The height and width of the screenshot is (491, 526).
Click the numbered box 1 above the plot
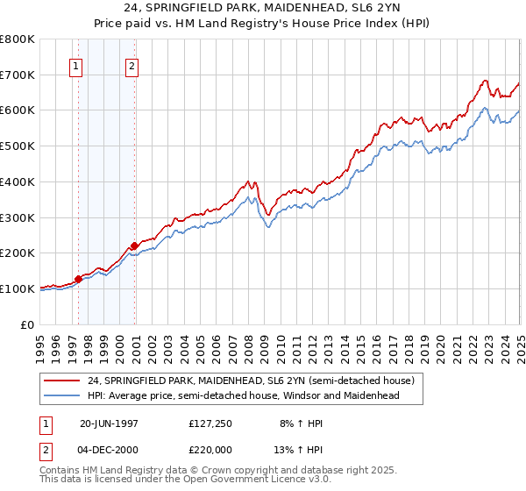(x=76, y=66)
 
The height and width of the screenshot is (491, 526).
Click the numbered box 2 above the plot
(x=131, y=66)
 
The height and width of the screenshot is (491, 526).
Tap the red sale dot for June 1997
(x=78, y=279)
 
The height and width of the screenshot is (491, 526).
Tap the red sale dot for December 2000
(x=134, y=245)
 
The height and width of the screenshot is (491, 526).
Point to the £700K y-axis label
(x=18, y=75)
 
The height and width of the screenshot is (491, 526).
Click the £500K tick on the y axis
(x=18, y=146)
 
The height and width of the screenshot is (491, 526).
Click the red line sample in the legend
(x=63, y=381)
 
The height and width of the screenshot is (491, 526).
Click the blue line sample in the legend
(x=63, y=395)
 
